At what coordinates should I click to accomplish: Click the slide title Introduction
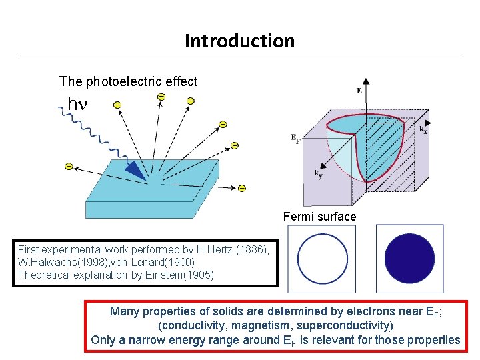point(239,41)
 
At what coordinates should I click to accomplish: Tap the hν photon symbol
point(78,104)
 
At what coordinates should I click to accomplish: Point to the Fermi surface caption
point(319,217)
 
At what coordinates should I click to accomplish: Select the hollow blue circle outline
point(323,259)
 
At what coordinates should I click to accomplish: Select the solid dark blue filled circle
point(409,259)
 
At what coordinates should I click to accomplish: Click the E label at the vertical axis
point(359,90)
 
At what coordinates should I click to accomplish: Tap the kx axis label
point(423,131)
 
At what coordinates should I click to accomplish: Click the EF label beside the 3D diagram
point(295,138)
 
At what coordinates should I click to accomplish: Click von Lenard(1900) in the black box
point(150,261)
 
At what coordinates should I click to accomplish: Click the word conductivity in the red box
point(192,325)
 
